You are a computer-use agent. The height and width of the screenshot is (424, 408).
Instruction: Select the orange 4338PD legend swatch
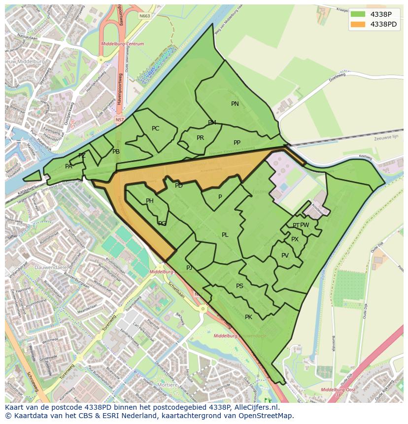click(x=358, y=24)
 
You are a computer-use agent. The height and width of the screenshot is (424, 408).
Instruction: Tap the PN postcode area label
click(x=235, y=104)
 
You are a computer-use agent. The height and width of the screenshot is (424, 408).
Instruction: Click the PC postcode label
click(x=156, y=129)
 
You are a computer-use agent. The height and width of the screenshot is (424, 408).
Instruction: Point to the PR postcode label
click(x=200, y=138)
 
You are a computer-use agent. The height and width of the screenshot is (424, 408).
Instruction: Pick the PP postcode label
click(x=237, y=143)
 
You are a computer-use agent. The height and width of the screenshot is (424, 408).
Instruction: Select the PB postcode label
click(x=116, y=152)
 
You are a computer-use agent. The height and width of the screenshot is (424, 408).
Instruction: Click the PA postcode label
click(x=68, y=166)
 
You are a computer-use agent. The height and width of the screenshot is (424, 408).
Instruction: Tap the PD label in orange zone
click(x=179, y=186)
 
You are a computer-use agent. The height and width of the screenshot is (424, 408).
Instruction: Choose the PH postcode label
click(x=150, y=201)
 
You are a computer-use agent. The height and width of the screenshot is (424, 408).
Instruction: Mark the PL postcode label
click(x=225, y=235)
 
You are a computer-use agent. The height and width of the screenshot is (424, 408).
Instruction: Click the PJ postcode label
click(x=189, y=268)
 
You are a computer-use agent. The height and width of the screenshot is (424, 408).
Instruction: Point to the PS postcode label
click(x=239, y=286)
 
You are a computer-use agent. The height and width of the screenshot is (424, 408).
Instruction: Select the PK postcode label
click(x=248, y=317)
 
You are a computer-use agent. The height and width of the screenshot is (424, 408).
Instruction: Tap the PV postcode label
click(x=285, y=256)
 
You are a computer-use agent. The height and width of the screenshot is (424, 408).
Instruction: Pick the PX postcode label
click(x=295, y=239)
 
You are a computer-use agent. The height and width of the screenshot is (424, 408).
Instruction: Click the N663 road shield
click(x=144, y=16)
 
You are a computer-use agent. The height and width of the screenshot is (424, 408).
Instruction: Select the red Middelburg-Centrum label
click(x=122, y=44)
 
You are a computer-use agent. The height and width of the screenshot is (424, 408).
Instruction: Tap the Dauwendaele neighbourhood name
click(x=50, y=268)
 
